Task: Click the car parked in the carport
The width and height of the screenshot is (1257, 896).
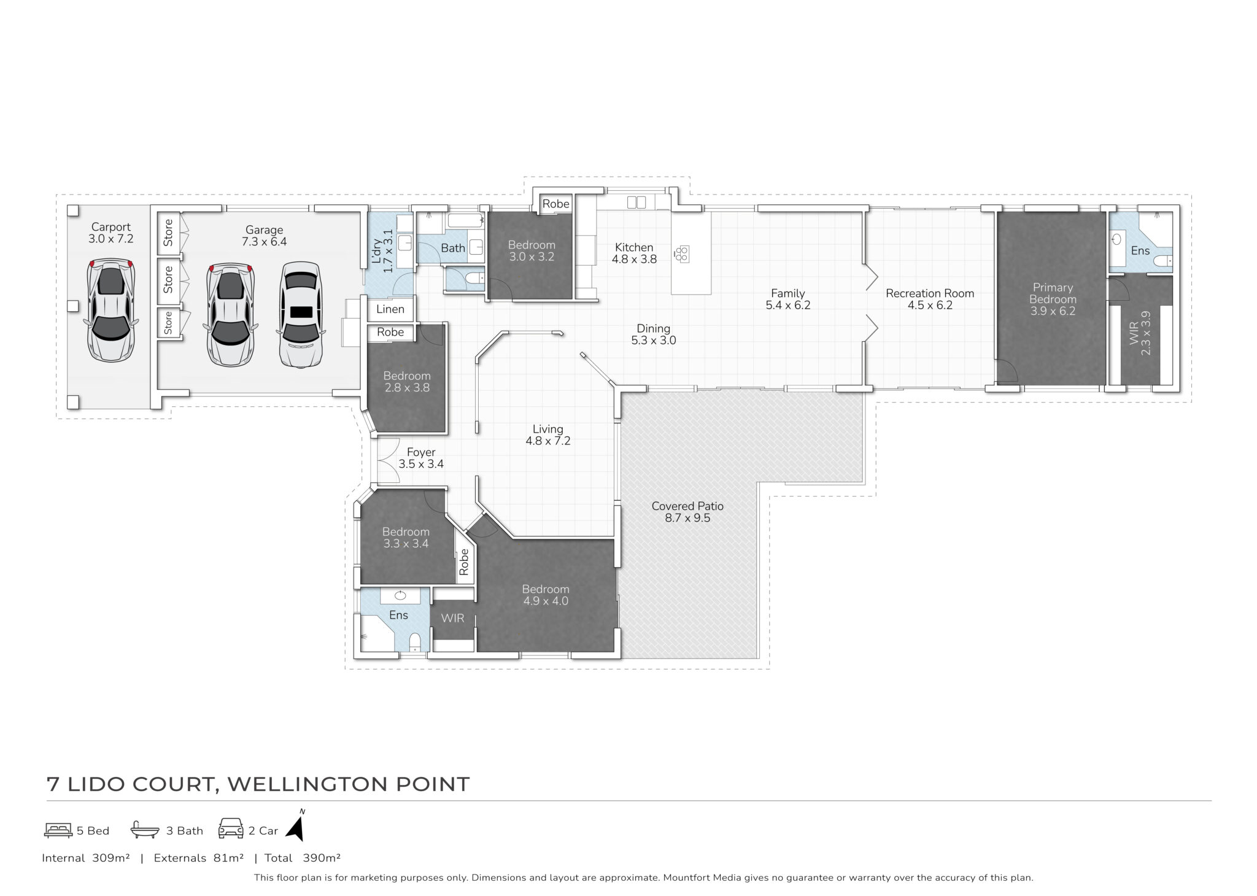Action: point(111,310)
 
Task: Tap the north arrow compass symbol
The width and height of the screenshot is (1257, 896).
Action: point(297,825)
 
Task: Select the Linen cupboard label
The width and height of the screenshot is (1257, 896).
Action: point(390,309)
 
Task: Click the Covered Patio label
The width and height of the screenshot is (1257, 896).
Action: point(687,512)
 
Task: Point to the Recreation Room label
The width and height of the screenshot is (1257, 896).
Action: point(930,299)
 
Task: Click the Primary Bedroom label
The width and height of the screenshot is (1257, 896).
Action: point(1053,299)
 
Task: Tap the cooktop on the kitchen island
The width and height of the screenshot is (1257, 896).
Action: point(682,253)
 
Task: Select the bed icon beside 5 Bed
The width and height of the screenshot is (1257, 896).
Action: point(58,830)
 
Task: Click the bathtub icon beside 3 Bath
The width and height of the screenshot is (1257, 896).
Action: point(145,830)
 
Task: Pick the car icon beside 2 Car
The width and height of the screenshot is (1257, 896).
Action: point(231,829)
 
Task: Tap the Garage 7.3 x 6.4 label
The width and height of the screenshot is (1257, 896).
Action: point(265,236)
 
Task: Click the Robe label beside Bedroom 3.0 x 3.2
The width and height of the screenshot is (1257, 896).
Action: point(556,204)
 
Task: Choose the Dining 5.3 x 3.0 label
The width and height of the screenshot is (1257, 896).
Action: point(654,334)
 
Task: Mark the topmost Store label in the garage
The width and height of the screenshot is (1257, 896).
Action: point(168,233)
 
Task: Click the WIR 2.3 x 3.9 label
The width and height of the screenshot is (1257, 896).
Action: point(1139,333)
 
